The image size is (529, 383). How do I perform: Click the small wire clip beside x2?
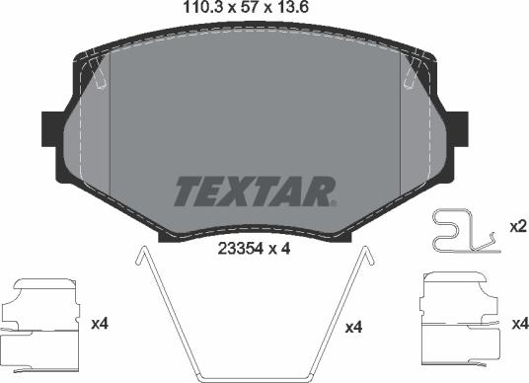pos(462,232)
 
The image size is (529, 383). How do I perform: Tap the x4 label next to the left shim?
pos(98,323)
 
